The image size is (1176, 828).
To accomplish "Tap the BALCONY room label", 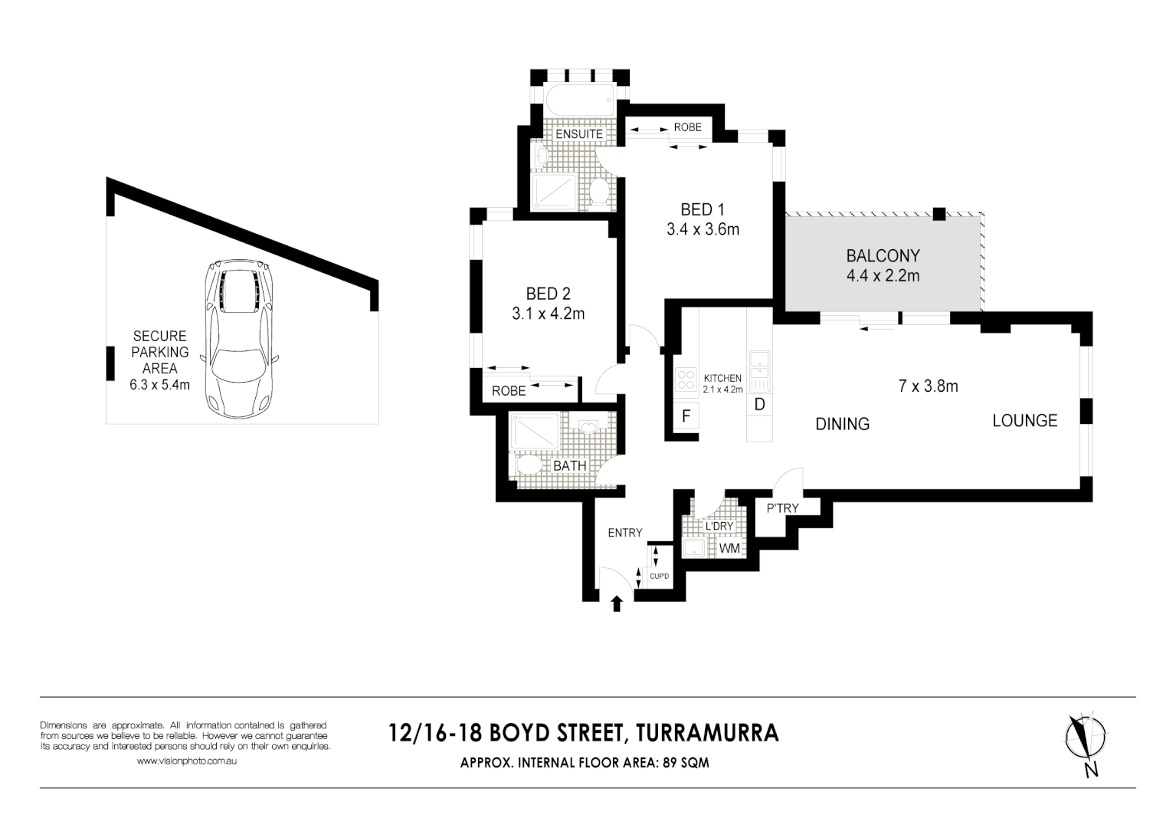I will click(x=883, y=256).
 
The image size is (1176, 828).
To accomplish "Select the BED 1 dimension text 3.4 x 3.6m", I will click(x=703, y=229).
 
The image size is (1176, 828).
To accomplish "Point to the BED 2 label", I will click(x=548, y=294).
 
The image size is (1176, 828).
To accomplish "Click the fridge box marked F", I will click(x=686, y=416).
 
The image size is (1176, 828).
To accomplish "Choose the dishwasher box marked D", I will click(x=759, y=404).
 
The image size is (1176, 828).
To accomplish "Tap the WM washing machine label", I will click(x=729, y=549).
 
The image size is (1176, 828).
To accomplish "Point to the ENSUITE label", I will click(x=578, y=134).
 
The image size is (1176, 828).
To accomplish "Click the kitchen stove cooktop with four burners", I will click(x=685, y=381).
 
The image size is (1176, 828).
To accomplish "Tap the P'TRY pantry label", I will click(x=782, y=508).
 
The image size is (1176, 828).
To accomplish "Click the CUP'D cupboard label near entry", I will click(x=659, y=576).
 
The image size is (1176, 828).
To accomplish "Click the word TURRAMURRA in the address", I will click(x=708, y=733).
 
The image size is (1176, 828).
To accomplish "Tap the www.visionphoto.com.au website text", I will click(x=186, y=761).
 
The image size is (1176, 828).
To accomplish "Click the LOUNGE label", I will click(x=1024, y=420).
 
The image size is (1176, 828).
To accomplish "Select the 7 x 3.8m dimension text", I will click(x=928, y=386).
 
